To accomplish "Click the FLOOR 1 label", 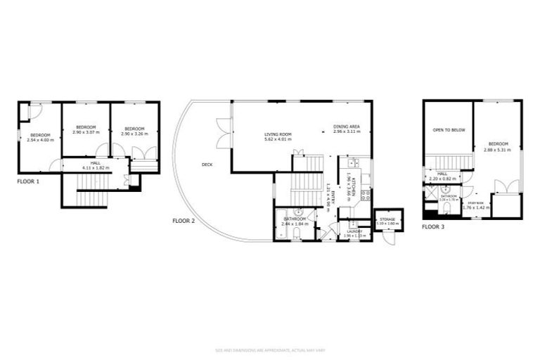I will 28,181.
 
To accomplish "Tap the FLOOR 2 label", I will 184,221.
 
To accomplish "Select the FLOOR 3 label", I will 433,227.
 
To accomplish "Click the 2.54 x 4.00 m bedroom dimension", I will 40,140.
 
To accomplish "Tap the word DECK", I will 207,165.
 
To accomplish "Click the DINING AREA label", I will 347,127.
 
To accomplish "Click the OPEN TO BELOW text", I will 448,130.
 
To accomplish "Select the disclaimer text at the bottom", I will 270,350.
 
